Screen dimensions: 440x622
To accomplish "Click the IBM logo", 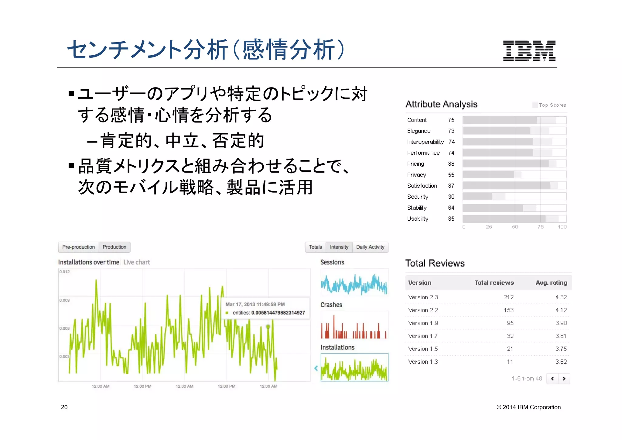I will pyautogui.click(x=529, y=51).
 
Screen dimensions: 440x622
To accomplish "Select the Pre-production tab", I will pyautogui.click(x=78, y=247).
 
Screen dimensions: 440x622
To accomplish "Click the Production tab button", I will pyautogui.click(x=114, y=247).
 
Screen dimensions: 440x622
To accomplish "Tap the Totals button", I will pyautogui.click(x=315, y=247).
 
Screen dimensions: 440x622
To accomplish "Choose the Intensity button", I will pyautogui.click(x=339, y=247).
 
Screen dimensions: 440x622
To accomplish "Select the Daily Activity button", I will pyautogui.click(x=370, y=247).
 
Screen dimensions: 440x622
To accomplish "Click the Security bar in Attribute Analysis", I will pyautogui.click(x=477, y=197).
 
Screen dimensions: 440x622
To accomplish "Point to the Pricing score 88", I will pyautogui.click(x=451, y=164).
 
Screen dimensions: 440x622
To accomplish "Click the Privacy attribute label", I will pyautogui.click(x=416, y=175).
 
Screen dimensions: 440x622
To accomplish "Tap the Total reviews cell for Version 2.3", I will pyautogui.click(x=508, y=297).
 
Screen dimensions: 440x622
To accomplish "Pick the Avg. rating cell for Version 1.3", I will pyautogui.click(x=561, y=362).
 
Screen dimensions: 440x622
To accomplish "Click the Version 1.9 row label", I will pyautogui.click(x=423, y=323).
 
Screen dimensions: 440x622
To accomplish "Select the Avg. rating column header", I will pyautogui.click(x=551, y=283).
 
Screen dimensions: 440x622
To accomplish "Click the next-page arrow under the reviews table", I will pyautogui.click(x=564, y=379).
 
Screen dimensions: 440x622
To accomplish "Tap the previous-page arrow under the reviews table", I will pyautogui.click(x=552, y=379).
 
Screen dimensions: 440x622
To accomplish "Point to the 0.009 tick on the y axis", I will pyautogui.click(x=64, y=300).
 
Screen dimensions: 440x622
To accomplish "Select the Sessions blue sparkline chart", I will pyautogui.click(x=354, y=284).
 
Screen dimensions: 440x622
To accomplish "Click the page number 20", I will pyautogui.click(x=64, y=407).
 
